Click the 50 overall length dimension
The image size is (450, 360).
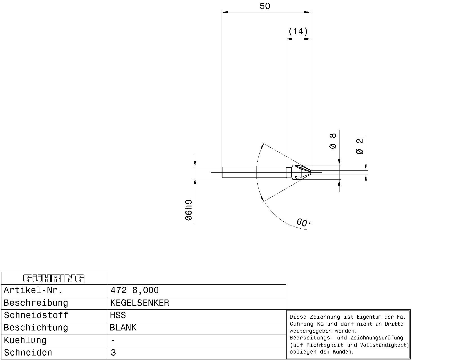coord(265,6)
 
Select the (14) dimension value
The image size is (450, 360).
coord(298,31)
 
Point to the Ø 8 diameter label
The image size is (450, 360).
coord(333,141)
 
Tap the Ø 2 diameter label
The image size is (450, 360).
coord(359,146)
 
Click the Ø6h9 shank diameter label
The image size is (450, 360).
coord(189,210)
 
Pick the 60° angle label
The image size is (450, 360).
coord(304,222)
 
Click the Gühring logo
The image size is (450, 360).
coord(54,278)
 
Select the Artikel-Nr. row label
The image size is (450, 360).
coord(33,290)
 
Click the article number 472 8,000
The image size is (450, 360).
coord(134,290)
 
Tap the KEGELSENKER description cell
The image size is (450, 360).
coord(139,303)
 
